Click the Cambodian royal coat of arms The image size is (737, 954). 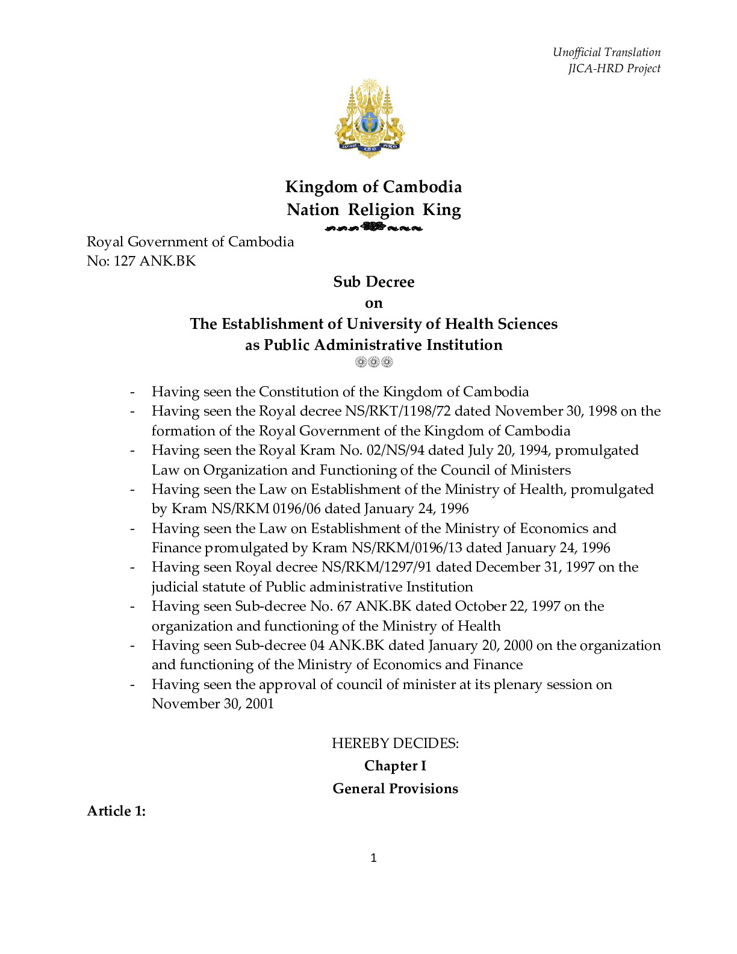click(370, 118)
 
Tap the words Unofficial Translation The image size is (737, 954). click(606, 52)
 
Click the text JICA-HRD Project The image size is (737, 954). click(614, 68)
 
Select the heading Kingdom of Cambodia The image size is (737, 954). click(373, 187)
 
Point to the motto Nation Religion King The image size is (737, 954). click(373, 210)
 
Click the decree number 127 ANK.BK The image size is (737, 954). click(154, 261)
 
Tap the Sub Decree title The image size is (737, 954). click(373, 282)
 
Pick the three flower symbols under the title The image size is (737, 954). click(373, 362)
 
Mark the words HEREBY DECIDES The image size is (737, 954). click(395, 743)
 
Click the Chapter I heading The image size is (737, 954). click(395, 766)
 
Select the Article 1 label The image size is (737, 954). click(116, 811)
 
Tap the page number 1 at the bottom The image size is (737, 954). click(373, 858)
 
